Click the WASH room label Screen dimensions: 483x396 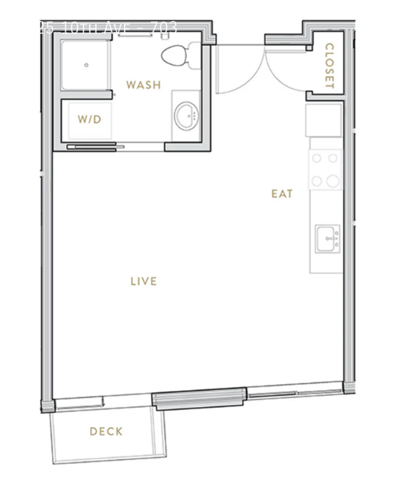(143, 85)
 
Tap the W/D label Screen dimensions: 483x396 (89, 119)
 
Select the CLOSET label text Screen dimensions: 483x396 (329, 66)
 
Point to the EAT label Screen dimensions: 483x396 (282, 194)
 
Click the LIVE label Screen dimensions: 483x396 (143, 281)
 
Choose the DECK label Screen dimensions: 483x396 (106, 431)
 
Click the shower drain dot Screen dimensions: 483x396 (86, 65)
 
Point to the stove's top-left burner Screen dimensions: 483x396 (317, 158)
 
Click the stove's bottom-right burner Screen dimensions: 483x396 (333, 180)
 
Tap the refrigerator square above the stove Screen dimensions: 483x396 (324, 120)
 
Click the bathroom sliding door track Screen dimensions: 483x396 (96, 145)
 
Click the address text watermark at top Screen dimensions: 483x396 (107, 28)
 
